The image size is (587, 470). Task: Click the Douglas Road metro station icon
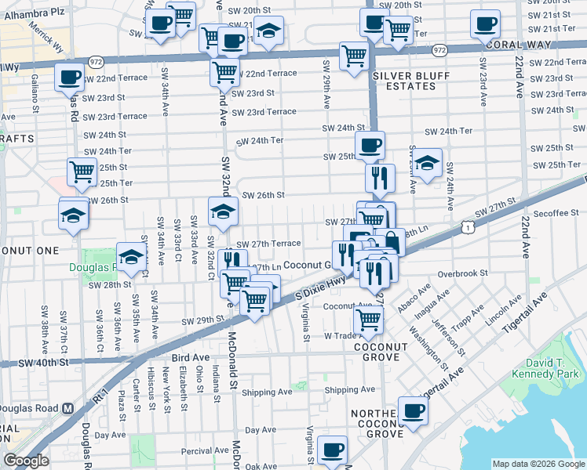67,408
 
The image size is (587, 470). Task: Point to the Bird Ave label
186,357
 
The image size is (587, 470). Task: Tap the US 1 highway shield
469,227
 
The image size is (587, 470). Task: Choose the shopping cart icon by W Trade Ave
368,319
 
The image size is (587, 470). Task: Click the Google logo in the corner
26,460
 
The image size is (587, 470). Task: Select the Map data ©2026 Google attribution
538,464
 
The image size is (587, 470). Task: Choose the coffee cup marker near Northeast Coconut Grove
413,410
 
